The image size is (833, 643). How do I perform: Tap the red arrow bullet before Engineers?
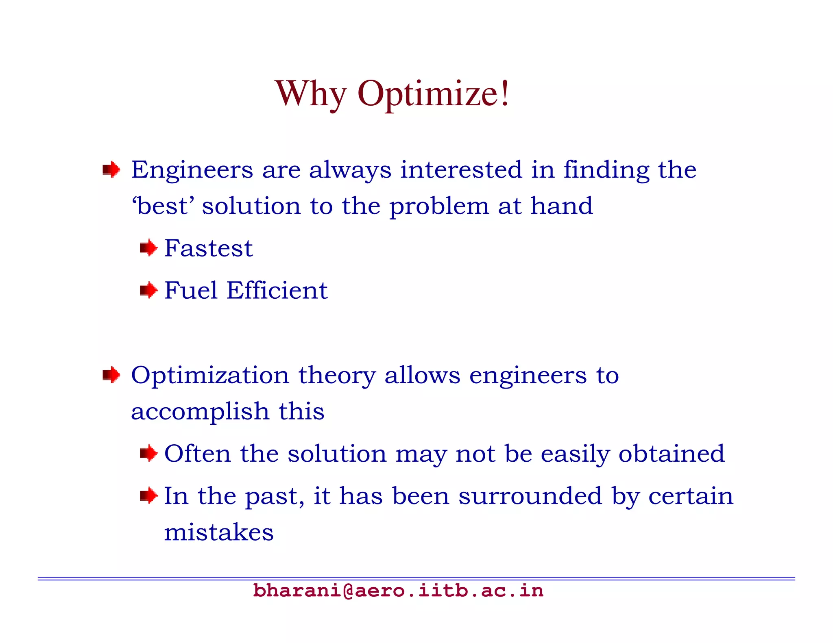(111, 169)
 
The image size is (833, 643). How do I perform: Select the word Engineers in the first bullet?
(192, 170)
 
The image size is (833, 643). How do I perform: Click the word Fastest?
(208, 248)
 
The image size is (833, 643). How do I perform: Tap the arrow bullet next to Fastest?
(148, 248)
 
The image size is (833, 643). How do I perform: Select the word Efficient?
(277, 291)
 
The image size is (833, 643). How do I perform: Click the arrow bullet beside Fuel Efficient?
(148, 290)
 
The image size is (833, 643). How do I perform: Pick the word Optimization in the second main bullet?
(210, 376)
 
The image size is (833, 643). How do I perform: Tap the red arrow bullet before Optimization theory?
(111, 374)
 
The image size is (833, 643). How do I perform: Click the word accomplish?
(200, 412)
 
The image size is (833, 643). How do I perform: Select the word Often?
(197, 454)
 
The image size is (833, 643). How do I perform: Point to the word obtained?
(672, 454)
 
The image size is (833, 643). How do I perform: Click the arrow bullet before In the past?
(148, 495)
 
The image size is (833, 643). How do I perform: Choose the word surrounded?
(530, 496)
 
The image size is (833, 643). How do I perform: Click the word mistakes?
(219, 532)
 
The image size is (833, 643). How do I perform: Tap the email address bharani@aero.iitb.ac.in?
(398, 591)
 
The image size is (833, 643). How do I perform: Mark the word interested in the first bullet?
(461, 170)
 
